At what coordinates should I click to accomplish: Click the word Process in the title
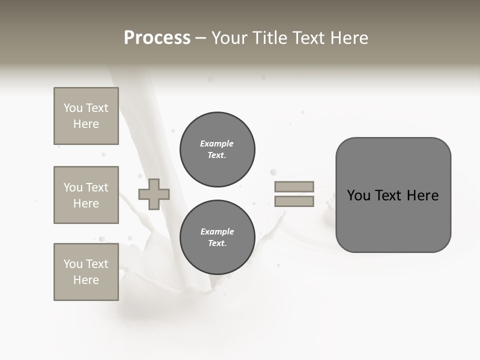157,38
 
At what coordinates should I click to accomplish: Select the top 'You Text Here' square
86,116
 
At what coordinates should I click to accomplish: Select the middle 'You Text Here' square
86,195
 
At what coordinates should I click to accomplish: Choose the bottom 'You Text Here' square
86,272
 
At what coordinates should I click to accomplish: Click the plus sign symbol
154,194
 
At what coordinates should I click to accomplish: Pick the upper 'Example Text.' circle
217,149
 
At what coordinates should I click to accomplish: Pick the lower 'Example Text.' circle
217,237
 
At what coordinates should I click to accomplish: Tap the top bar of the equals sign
294,187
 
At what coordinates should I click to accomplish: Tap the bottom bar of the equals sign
294,201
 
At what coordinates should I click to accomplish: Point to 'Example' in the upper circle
216,143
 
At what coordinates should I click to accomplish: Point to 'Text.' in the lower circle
217,243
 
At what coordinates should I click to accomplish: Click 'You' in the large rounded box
359,195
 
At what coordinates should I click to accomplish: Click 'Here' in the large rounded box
422,195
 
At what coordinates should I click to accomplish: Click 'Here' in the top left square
86,124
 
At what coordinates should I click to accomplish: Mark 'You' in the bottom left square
73,264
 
